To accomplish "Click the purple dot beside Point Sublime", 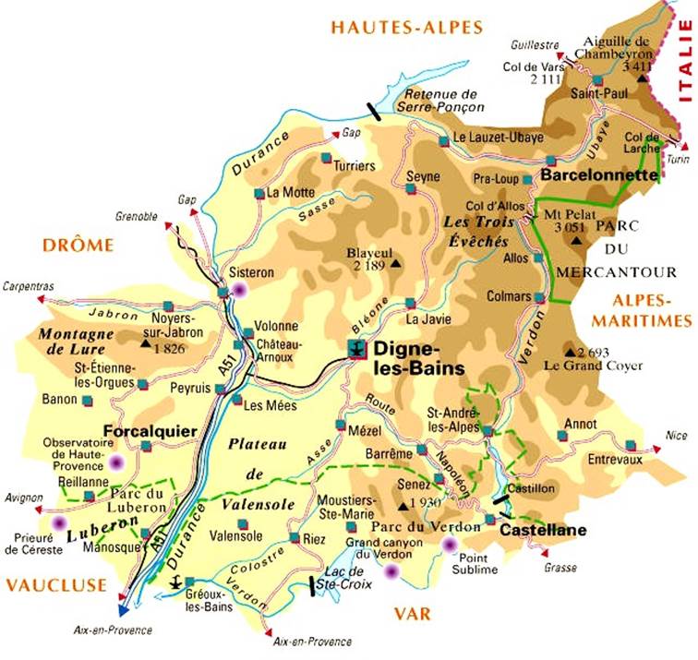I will click(x=450, y=545).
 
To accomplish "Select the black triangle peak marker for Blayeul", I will click(x=396, y=265).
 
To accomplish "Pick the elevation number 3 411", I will click(x=637, y=66).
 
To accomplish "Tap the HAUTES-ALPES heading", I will click(x=407, y=28).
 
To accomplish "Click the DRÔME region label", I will click(x=77, y=245).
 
